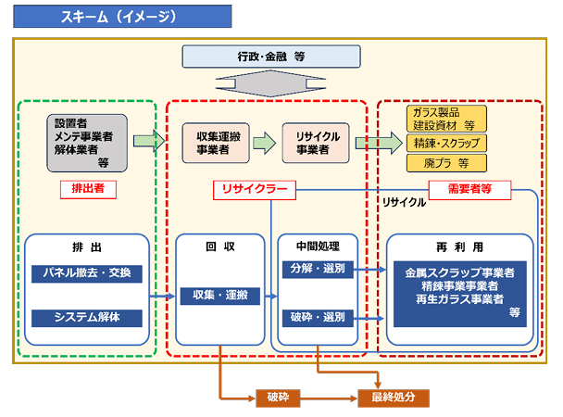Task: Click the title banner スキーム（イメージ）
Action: tap(122, 16)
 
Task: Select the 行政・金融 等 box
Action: tap(271, 57)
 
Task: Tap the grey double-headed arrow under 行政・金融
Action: tap(270, 83)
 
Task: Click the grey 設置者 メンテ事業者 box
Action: tap(87, 143)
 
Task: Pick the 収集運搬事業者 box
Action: tap(216, 143)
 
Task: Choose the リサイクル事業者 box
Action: tap(316, 143)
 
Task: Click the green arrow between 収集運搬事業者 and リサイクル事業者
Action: tap(265, 143)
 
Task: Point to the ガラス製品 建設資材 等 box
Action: tap(446, 119)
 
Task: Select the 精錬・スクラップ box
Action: tap(446, 144)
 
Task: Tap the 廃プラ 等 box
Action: tap(446, 163)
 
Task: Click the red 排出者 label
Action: tap(88, 189)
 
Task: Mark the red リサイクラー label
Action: tap(255, 190)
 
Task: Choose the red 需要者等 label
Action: tap(470, 190)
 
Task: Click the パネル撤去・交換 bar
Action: tap(87, 273)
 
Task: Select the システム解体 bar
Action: tap(87, 318)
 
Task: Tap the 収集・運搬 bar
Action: tap(220, 296)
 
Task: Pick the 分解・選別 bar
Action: tap(318, 270)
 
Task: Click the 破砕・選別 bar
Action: tap(318, 318)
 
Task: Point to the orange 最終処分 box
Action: tap(394, 398)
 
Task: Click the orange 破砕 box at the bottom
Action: tap(278, 398)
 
